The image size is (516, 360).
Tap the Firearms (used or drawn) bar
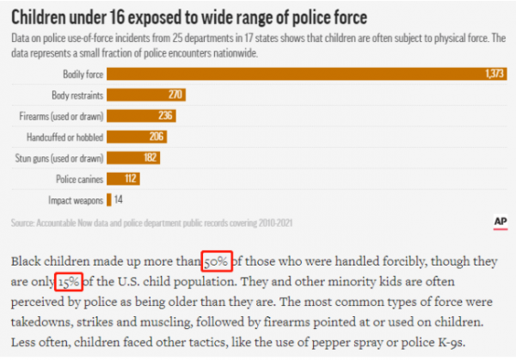(x=141, y=116)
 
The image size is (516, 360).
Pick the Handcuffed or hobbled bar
(x=137, y=137)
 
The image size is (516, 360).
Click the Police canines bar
(x=123, y=179)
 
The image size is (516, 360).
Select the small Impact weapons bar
(x=108, y=200)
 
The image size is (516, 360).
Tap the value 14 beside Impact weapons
(x=120, y=200)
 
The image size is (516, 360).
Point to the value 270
(x=175, y=95)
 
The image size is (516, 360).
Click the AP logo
(x=501, y=221)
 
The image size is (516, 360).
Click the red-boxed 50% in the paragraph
(x=217, y=261)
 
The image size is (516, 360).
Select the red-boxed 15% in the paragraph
(x=69, y=281)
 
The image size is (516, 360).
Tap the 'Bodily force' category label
(x=82, y=75)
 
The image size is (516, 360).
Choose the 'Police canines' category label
(x=79, y=179)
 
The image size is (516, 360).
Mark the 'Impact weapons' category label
(x=77, y=200)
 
